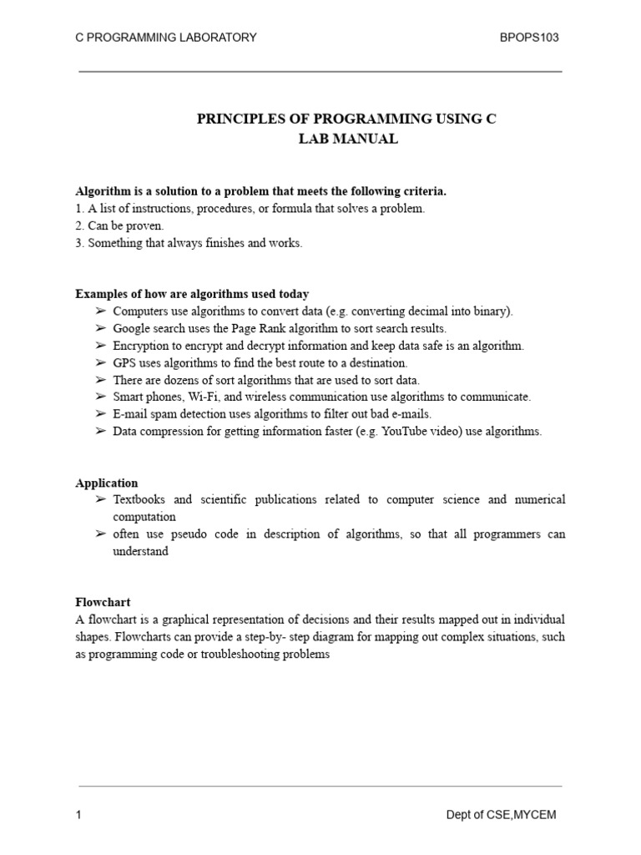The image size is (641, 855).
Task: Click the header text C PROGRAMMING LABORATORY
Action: (x=166, y=38)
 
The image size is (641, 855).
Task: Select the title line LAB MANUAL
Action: (x=348, y=139)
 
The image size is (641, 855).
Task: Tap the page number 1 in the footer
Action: (x=78, y=816)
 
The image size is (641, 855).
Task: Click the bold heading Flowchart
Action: (x=103, y=601)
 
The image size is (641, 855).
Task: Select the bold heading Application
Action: (x=107, y=483)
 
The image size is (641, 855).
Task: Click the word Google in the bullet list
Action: (x=132, y=328)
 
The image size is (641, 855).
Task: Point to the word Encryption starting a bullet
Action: (x=141, y=346)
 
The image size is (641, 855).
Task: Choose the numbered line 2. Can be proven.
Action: (x=119, y=225)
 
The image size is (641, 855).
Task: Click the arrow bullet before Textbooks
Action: (x=100, y=499)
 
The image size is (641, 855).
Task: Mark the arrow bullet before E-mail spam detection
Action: (x=100, y=414)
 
